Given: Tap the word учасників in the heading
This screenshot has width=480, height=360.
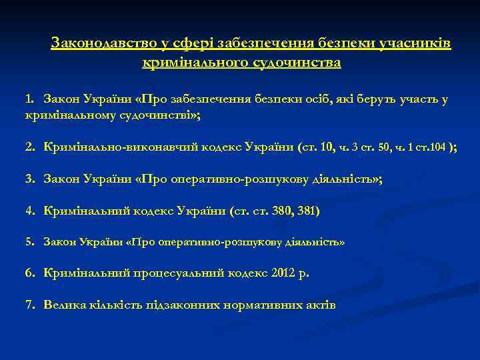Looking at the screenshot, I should coord(415,44).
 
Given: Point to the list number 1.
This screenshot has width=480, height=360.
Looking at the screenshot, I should coord(29,99).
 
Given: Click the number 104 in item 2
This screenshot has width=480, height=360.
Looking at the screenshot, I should coord(437,147).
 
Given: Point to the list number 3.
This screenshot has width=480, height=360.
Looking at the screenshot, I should coord(29,179).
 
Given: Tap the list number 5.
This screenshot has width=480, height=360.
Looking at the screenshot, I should coord(29,242).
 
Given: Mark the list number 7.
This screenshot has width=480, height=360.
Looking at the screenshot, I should coord(29,305).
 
